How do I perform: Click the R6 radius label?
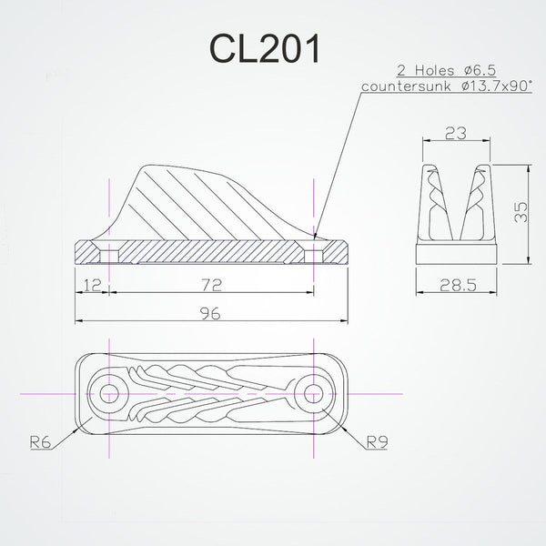pos(39,442)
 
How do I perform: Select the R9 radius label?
pos(377,442)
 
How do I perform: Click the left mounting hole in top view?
pos(111,394)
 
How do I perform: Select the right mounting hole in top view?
pos(314,394)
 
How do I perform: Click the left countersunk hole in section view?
pos(111,249)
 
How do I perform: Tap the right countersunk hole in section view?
pos(314,249)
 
